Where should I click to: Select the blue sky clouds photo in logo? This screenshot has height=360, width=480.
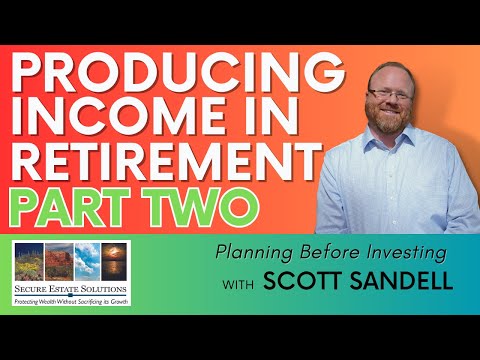(92, 264)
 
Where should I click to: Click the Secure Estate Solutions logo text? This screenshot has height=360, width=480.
(75, 295)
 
